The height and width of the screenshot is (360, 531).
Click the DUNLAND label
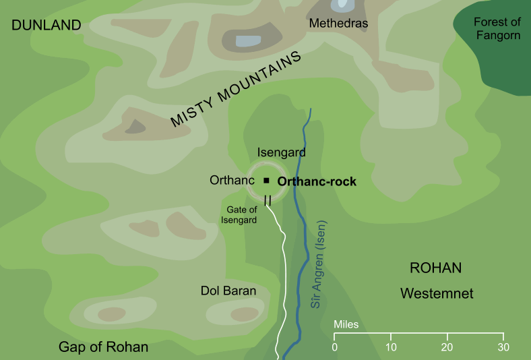click(x=46, y=26)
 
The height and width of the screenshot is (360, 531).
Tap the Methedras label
click(x=338, y=24)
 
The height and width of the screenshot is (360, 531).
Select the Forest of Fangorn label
click(x=497, y=28)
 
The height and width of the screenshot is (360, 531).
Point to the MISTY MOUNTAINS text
click(x=235, y=91)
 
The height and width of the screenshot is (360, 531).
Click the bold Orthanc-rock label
click(x=317, y=181)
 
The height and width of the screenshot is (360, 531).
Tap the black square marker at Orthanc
click(x=267, y=181)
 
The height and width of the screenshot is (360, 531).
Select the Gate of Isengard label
click(x=242, y=215)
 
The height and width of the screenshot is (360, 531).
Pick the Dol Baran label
click(x=228, y=291)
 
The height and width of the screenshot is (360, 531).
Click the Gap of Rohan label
click(x=103, y=347)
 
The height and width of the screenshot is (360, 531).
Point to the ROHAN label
click(x=435, y=268)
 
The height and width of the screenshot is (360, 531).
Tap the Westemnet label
click(x=437, y=294)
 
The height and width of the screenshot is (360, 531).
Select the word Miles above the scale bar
click(x=346, y=325)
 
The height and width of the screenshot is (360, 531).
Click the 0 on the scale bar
click(x=335, y=347)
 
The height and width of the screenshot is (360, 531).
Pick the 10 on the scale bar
click(x=390, y=347)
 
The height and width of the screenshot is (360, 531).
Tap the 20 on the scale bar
click(x=446, y=347)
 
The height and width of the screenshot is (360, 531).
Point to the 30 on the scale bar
click(x=502, y=347)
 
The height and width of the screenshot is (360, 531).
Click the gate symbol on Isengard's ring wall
click(x=268, y=200)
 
